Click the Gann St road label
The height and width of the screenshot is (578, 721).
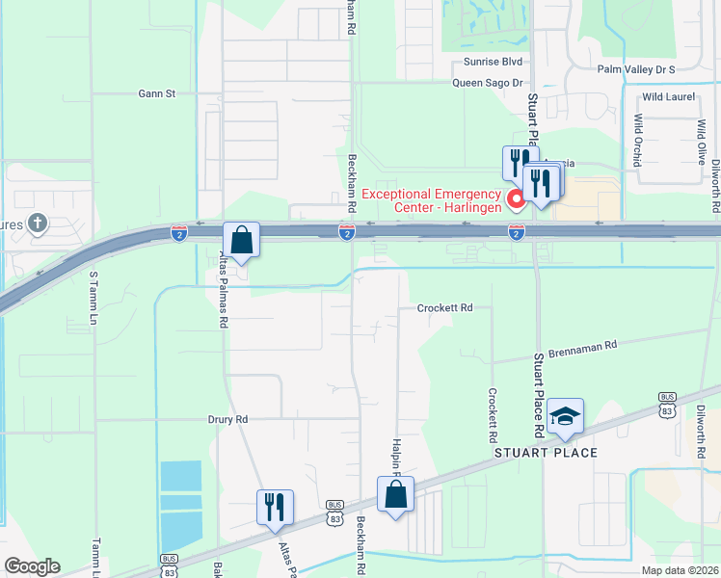coord(157,93)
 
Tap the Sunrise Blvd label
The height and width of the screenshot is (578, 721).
coord(493,62)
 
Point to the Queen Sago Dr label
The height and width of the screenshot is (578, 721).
coord(488,83)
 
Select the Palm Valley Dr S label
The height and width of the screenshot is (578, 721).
coord(636,69)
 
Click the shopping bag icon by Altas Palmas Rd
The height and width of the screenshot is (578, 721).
coord(242,240)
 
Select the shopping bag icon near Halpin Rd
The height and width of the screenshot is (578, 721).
coord(395,494)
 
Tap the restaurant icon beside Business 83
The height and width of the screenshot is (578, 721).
coord(275,507)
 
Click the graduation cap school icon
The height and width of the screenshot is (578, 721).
coord(565,415)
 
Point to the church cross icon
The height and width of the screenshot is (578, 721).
coord(38,223)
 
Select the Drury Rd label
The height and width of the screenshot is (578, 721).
coord(228,419)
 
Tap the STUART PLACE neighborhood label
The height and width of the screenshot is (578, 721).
coord(547,453)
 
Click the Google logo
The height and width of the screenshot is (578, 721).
coord(32,566)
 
